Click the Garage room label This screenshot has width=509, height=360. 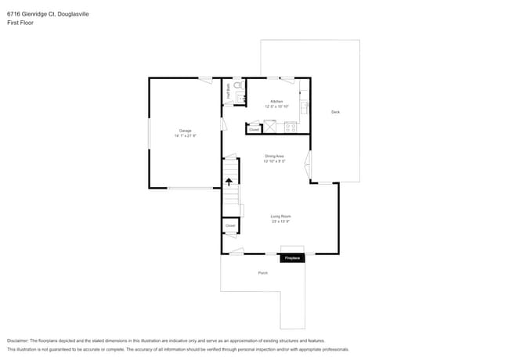point(186,131)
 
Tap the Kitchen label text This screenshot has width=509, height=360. point(276,102)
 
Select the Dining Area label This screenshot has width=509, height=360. point(274,157)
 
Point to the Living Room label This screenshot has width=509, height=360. point(280,217)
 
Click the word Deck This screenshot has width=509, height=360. point(335,112)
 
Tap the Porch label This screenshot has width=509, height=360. point(262,272)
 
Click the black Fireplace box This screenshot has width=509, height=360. point(292,257)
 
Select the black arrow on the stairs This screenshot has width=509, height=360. point(229,182)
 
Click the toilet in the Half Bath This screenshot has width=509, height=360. point(238,85)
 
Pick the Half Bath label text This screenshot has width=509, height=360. point(228,88)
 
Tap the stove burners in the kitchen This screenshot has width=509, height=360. point(291,126)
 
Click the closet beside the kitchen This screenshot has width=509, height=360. point(254,128)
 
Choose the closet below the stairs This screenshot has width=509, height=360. point(230,225)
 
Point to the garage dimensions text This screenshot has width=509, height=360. point(186,135)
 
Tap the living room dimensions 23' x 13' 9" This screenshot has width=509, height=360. point(280,221)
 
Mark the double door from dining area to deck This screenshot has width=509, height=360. point(308,165)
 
